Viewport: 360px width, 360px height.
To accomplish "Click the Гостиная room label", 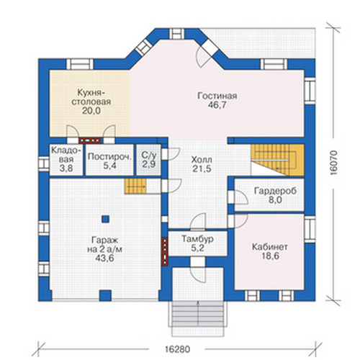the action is (x=217, y=96).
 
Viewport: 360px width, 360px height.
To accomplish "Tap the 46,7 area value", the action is (x=217, y=105).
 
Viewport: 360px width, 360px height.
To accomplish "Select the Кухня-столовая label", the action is (x=91, y=97).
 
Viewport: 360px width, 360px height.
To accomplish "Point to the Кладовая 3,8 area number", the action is (x=66, y=168).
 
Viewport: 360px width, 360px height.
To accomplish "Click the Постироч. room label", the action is (x=110, y=157).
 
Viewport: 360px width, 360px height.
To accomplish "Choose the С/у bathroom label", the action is (x=149, y=156).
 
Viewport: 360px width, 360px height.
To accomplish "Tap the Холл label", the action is (x=202, y=160).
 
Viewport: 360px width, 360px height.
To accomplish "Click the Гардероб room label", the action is (x=275, y=192).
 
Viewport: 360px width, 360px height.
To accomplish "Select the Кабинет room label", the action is (x=270, y=247).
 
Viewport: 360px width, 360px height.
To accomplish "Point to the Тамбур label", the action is (x=197, y=239).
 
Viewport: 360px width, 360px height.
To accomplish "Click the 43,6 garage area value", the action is (x=104, y=258).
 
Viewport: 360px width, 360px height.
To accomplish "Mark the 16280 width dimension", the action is (x=178, y=349).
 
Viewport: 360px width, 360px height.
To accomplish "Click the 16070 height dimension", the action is (x=333, y=163).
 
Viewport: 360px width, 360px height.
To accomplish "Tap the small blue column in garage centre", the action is (x=106, y=219).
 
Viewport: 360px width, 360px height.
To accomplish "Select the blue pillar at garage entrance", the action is (x=105, y=295).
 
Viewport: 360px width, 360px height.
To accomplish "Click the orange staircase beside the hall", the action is (x=278, y=160).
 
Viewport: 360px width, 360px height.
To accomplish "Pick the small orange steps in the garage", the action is (x=135, y=186).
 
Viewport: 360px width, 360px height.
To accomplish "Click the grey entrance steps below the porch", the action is (x=198, y=314).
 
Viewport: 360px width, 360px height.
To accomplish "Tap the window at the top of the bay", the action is (x=177, y=34).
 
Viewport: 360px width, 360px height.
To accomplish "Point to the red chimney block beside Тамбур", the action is (x=165, y=252).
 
